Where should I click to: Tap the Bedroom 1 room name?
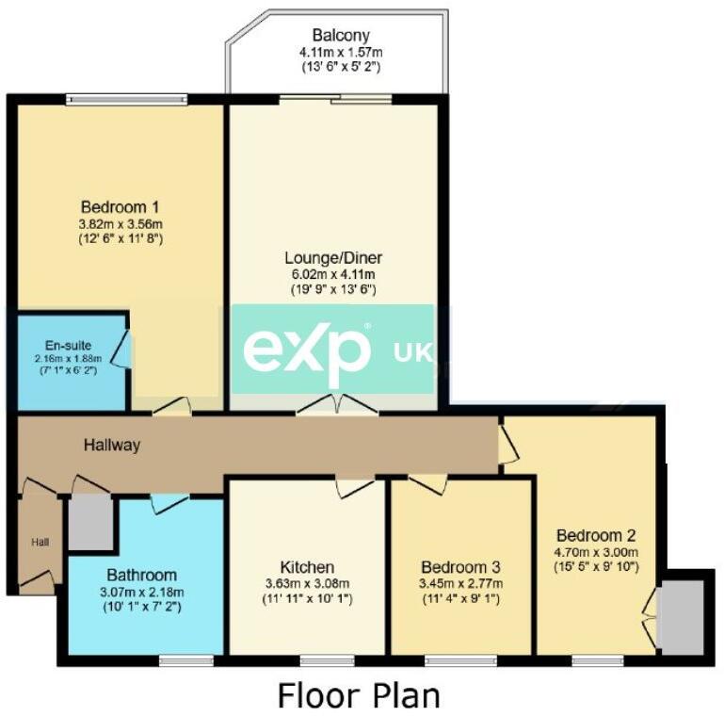pyautogui.click(x=120, y=206)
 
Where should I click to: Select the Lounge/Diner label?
pyautogui.click(x=334, y=257)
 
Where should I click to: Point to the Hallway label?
pyautogui.click(x=111, y=445)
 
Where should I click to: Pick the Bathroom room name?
pyautogui.click(x=141, y=575)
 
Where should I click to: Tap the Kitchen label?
pyautogui.click(x=307, y=567)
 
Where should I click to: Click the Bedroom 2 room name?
pyautogui.click(x=596, y=534)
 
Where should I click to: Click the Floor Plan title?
pyautogui.click(x=358, y=695)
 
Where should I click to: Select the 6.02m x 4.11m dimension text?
pyautogui.click(x=334, y=273)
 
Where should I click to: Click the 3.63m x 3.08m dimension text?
pyautogui.click(x=307, y=583)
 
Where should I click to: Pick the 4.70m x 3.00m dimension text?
pyautogui.click(x=596, y=551)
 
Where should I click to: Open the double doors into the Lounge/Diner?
pyautogui.click(x=336, y=407)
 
